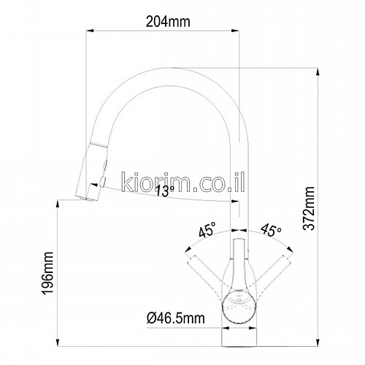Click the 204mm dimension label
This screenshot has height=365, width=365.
coord(168,22)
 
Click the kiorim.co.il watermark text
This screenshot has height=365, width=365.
coord(182,182)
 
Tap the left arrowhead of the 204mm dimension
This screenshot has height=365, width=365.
coord(90,31)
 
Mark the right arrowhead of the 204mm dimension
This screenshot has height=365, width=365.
coord(235,31)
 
